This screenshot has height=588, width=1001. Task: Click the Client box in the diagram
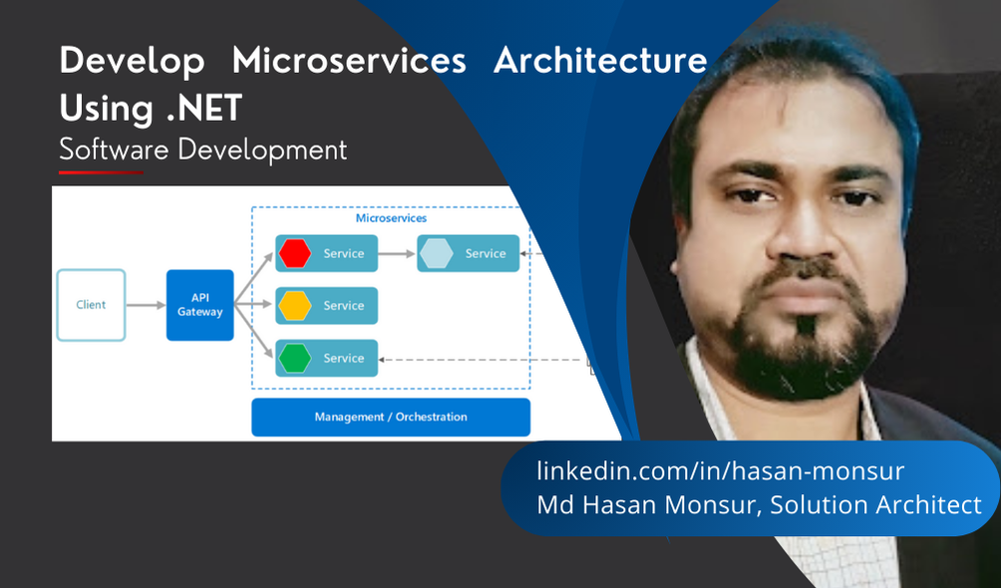click(91, 305)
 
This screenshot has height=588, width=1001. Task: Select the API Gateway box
click(199, 305)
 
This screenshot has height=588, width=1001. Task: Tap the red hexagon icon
click(295, 254)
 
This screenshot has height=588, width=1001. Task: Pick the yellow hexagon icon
click(295, 306)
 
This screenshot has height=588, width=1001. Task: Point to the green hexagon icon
click(295, 358)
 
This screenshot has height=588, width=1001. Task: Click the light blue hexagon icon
click(437, 254)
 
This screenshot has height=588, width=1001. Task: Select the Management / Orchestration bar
click(390, 417)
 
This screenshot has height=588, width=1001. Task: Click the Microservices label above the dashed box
click(391, 217)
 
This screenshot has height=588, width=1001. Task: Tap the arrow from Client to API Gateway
click(146, 305)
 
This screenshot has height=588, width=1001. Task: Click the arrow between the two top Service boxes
click(397, 254)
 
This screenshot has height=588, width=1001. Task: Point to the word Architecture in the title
click(600, 61)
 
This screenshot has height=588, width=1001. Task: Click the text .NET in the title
click(204, 107)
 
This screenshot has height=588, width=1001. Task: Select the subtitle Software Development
click(202, 149)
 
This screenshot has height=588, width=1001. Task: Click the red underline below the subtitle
click(101, 172)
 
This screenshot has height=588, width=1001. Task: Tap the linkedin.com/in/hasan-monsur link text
click(720, 470)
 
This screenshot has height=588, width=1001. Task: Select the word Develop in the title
click(132, 61)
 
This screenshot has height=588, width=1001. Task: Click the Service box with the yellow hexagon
click(342, 306)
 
